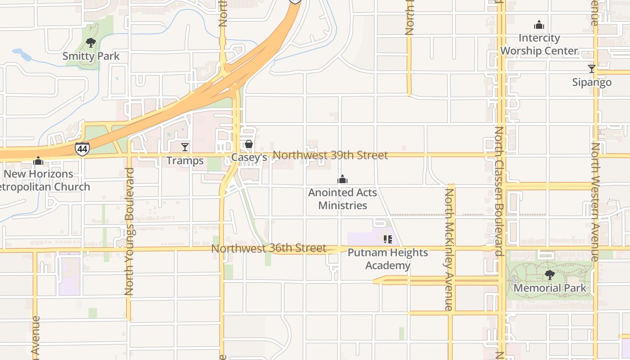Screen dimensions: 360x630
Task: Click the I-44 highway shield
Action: tap(82, 149)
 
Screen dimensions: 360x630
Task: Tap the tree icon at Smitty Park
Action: tap(91, 43)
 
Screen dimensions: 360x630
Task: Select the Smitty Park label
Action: tap(91, 56)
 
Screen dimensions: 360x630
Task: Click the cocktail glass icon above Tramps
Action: tap(184, 147)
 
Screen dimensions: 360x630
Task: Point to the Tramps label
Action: tap(184, 161)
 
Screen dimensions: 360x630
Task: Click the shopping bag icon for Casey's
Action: tap(248, 144)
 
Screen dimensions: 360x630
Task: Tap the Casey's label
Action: tap(249, 157)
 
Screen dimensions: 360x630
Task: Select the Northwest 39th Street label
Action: tap(330, 155)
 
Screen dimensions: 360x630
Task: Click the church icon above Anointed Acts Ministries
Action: tap(342, 180)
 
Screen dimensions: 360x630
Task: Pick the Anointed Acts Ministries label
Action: tap(342, 199)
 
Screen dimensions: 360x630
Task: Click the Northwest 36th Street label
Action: tap(269, 248)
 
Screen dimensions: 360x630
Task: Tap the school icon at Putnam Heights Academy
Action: tap(387, 239)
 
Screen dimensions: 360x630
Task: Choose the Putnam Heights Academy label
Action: tap(387, 259)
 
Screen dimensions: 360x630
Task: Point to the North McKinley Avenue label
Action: tap(449, 250)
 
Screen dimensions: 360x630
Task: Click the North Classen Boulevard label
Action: tap(499, 191)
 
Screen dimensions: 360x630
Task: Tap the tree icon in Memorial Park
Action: tap(549, 274)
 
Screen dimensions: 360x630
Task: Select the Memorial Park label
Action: tap(550, 288)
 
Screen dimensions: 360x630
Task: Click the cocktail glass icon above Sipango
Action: tap(592, 69)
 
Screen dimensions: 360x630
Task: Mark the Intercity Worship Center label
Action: tap(539, 45)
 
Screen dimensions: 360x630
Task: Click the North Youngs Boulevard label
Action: tap(130, 232)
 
